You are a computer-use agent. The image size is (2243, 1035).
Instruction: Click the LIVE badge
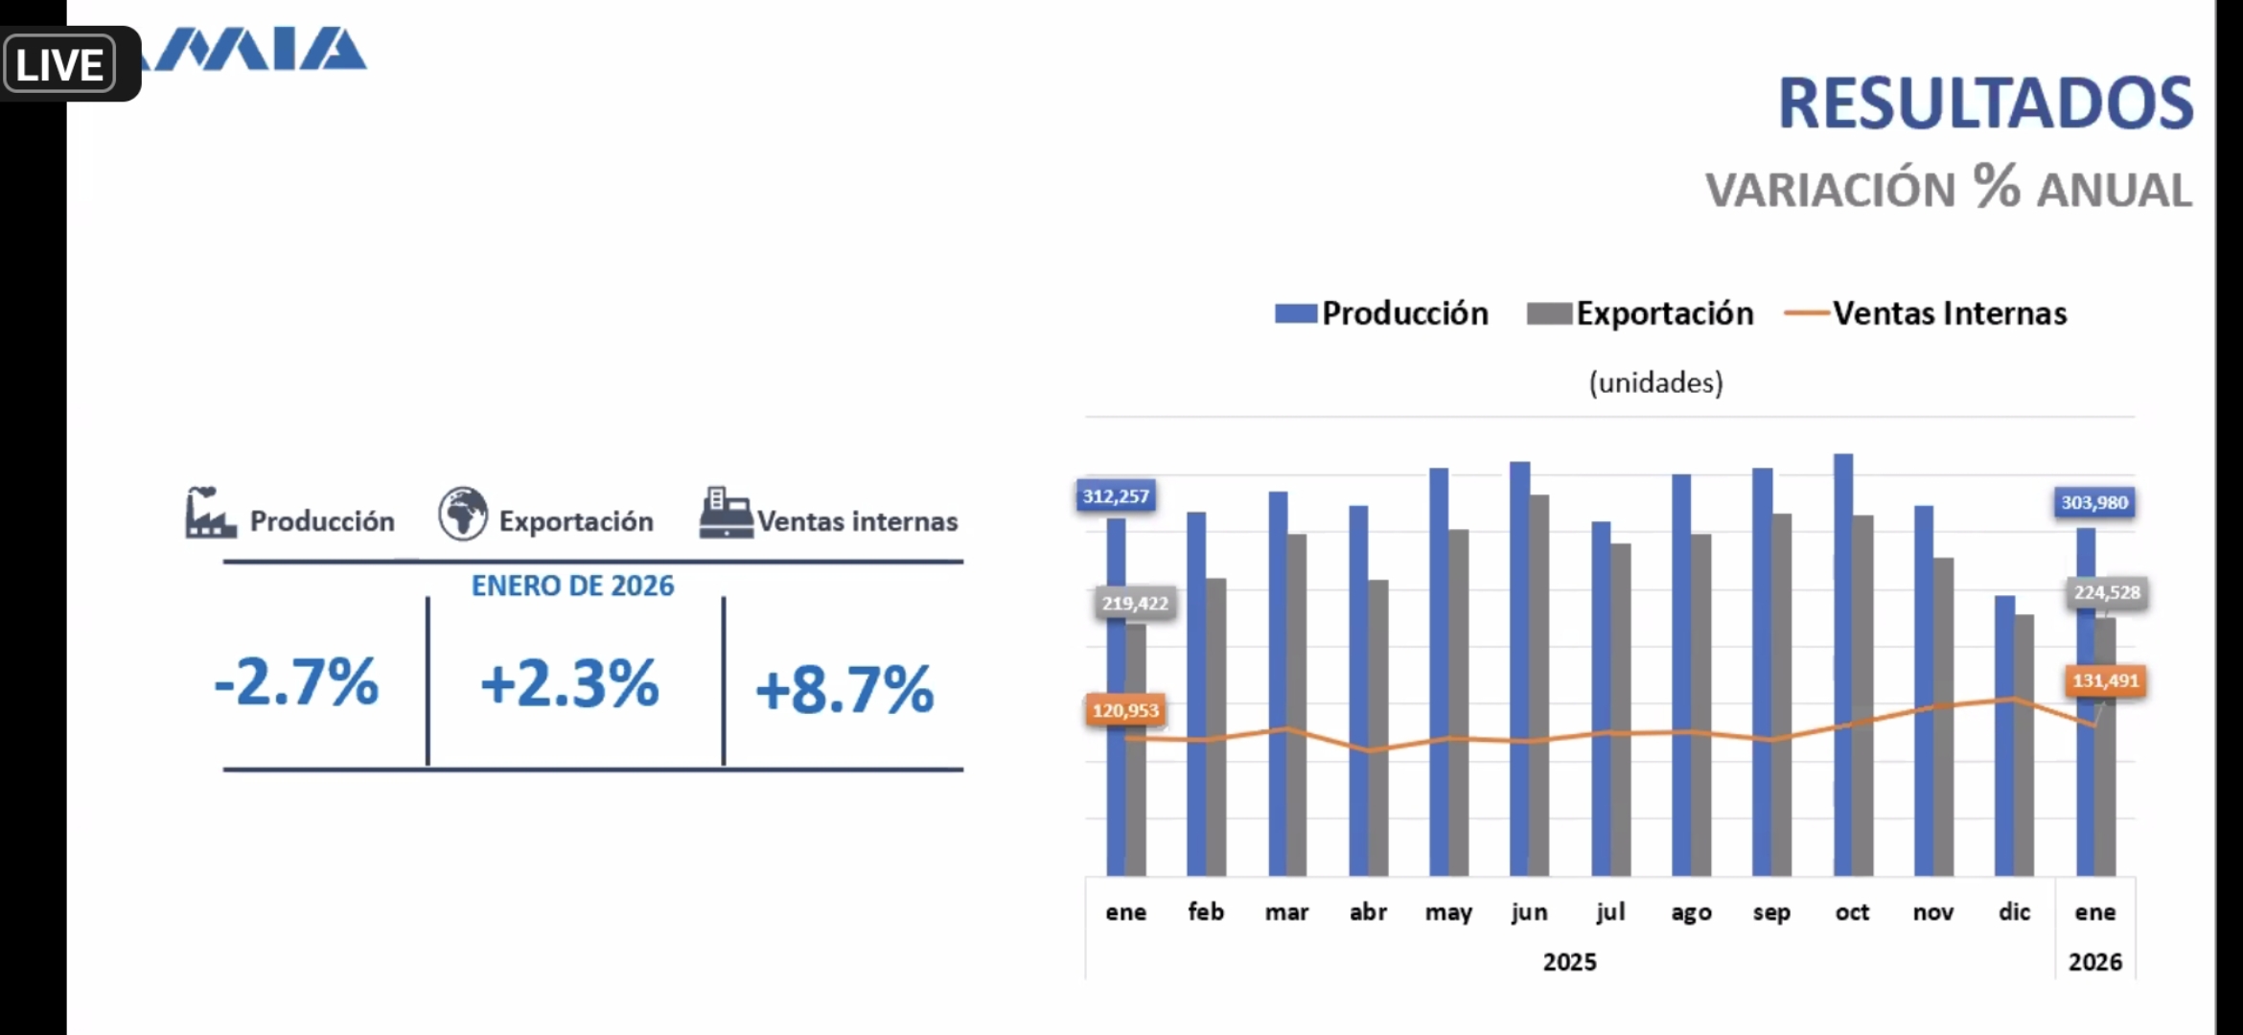coord(59,65)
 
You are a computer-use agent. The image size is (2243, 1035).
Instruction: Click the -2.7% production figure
coord(296,682)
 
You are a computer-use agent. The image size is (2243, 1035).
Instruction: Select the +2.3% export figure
coord(569,684)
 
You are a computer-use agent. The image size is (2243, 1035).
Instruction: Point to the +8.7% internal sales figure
coord(844,689)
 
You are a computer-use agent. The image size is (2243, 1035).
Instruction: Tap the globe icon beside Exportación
coord(463,514)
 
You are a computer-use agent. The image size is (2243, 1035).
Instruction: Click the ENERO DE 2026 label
coord(572,586)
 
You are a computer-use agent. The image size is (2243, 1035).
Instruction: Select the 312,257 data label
coord(1116,496)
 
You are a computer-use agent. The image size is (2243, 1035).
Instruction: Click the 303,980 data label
coord(2094,502)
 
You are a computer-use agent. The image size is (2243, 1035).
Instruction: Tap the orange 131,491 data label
coord(2105,680)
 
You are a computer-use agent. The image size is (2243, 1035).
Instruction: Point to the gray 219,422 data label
coord(1135,603)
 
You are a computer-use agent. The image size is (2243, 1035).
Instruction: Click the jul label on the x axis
coord(1610,911)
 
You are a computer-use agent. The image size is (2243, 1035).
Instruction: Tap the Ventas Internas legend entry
coord(1927,313)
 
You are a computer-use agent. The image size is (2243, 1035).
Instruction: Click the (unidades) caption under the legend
coord(1655,382)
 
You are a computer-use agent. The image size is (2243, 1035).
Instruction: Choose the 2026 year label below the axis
coord(2094,961)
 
